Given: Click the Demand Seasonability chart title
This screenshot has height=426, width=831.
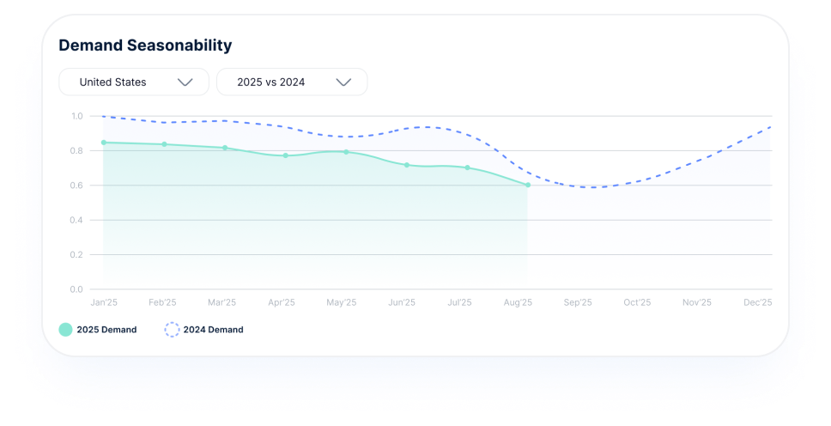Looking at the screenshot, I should point(145,46).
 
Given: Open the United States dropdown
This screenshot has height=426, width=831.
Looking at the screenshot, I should point(134,82).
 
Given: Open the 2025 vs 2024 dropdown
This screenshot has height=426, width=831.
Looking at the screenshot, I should point(292,82).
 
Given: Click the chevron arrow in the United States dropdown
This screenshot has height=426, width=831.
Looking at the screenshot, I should point(185,82).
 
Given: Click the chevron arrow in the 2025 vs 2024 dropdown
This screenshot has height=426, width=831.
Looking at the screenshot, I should point(343,82).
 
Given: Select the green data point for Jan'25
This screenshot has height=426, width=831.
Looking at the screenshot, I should point(104,143).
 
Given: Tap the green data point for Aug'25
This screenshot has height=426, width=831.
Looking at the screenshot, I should point(527,185).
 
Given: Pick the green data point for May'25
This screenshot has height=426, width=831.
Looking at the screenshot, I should point(346,152).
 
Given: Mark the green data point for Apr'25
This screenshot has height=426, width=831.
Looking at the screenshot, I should point(286,155).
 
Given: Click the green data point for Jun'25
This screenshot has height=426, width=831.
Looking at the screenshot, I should point(407,165).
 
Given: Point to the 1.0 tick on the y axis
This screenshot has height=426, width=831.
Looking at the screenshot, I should point(77,116).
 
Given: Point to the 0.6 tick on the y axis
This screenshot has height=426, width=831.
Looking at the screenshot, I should point(77,186).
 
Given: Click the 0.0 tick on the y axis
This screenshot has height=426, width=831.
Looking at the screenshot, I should point(77,289).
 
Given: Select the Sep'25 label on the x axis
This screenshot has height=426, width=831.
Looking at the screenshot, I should point(578,302).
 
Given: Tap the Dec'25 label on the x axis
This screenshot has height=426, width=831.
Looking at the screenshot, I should point(757,302).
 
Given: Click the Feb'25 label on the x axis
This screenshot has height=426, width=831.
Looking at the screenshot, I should point(162,302).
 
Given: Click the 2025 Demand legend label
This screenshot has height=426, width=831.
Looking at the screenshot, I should point(106,330).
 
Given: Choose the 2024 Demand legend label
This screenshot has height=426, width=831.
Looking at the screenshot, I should point(213,330).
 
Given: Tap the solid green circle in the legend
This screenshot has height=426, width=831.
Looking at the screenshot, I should point(65,330).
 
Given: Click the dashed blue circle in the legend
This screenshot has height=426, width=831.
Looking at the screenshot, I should point(172,330).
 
